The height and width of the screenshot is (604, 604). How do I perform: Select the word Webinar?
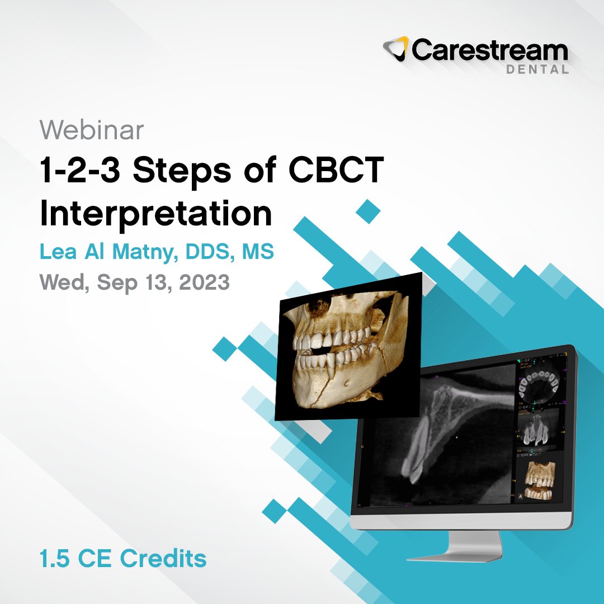(x=92, y=130)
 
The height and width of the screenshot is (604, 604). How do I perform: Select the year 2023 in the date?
(x=205, y=282)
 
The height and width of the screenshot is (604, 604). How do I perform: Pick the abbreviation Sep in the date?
(x=116, y=282)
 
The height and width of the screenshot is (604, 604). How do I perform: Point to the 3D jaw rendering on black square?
(x=347, y=347)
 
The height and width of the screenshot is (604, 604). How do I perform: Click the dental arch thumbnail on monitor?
(x=538, y=386)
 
